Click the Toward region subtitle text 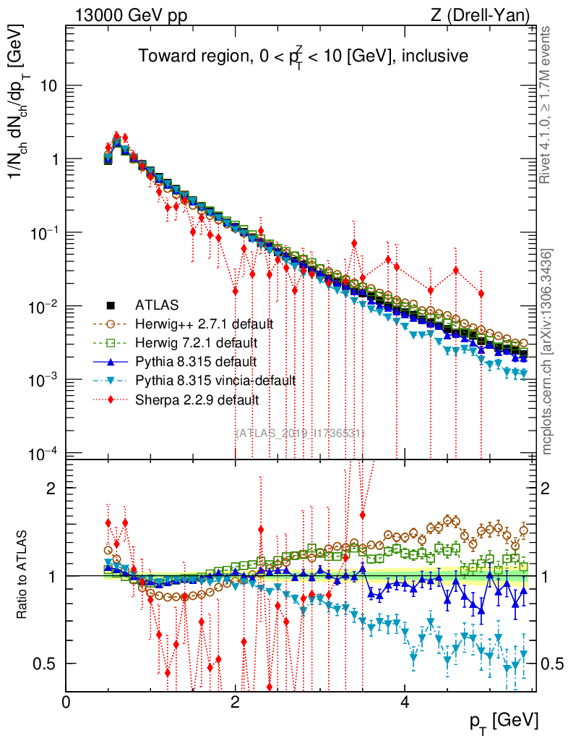coord(304,56)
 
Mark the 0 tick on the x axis coord(66,703)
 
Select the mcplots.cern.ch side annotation coord(547,352)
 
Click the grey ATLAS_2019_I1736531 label coord(300,433)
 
